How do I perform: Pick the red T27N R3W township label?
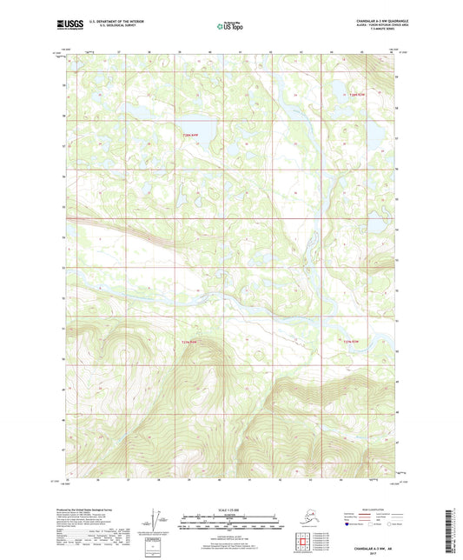pyautogui.click(x=349, y=341)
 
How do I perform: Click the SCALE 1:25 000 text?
pyautogui.click(x=230, y=509)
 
